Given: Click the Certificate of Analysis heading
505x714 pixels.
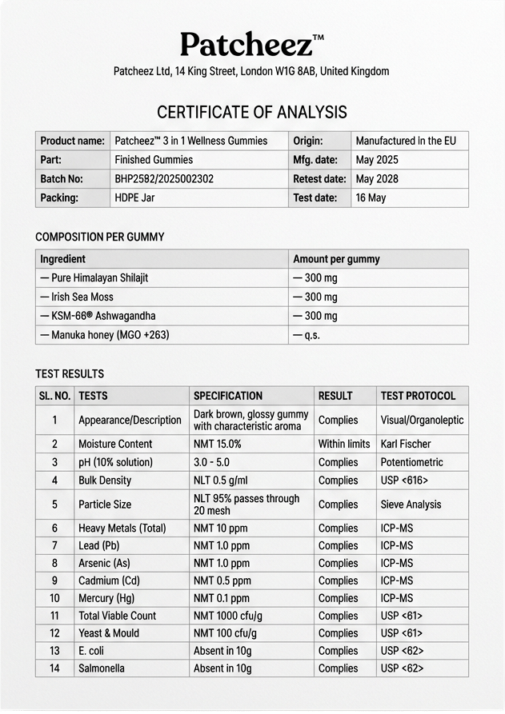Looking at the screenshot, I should (x=252, y=112).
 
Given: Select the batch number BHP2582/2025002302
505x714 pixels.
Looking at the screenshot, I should (x=164, y=179).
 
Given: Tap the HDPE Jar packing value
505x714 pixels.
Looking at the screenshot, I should (x=135, y=198).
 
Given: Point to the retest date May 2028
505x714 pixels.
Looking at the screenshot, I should (x=377, y=179).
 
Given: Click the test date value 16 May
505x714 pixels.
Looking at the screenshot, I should (x=371, y=198).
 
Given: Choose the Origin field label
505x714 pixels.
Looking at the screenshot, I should (x=308, y=141).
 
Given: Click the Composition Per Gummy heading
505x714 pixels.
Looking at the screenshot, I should (x=100, y=237).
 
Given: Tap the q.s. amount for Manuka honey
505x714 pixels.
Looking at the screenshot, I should (x=307, y=335).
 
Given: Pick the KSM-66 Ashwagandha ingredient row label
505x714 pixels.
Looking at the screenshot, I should (x=98, y=316).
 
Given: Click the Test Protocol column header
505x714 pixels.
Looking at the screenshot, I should (x=418, y=396).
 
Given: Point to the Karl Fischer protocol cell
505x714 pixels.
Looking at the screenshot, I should (x=406, y=444).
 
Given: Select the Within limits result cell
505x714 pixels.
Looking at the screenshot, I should (x=344, y=444).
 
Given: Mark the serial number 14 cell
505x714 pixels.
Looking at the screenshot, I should (x=55, y=668).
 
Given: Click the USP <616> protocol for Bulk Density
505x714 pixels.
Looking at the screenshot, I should (x=404, y=481).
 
